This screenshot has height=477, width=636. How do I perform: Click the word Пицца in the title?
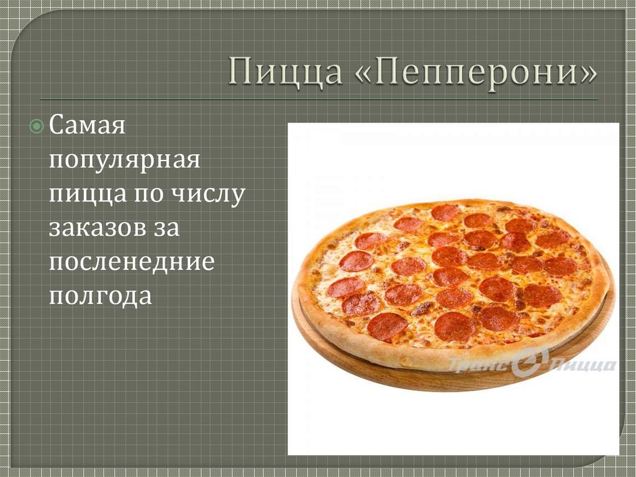pos(285,70)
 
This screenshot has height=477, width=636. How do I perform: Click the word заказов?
pos(94,227)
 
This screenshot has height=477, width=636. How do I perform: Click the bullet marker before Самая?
pos(37,128)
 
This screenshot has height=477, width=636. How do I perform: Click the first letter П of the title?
pos(240,70)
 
